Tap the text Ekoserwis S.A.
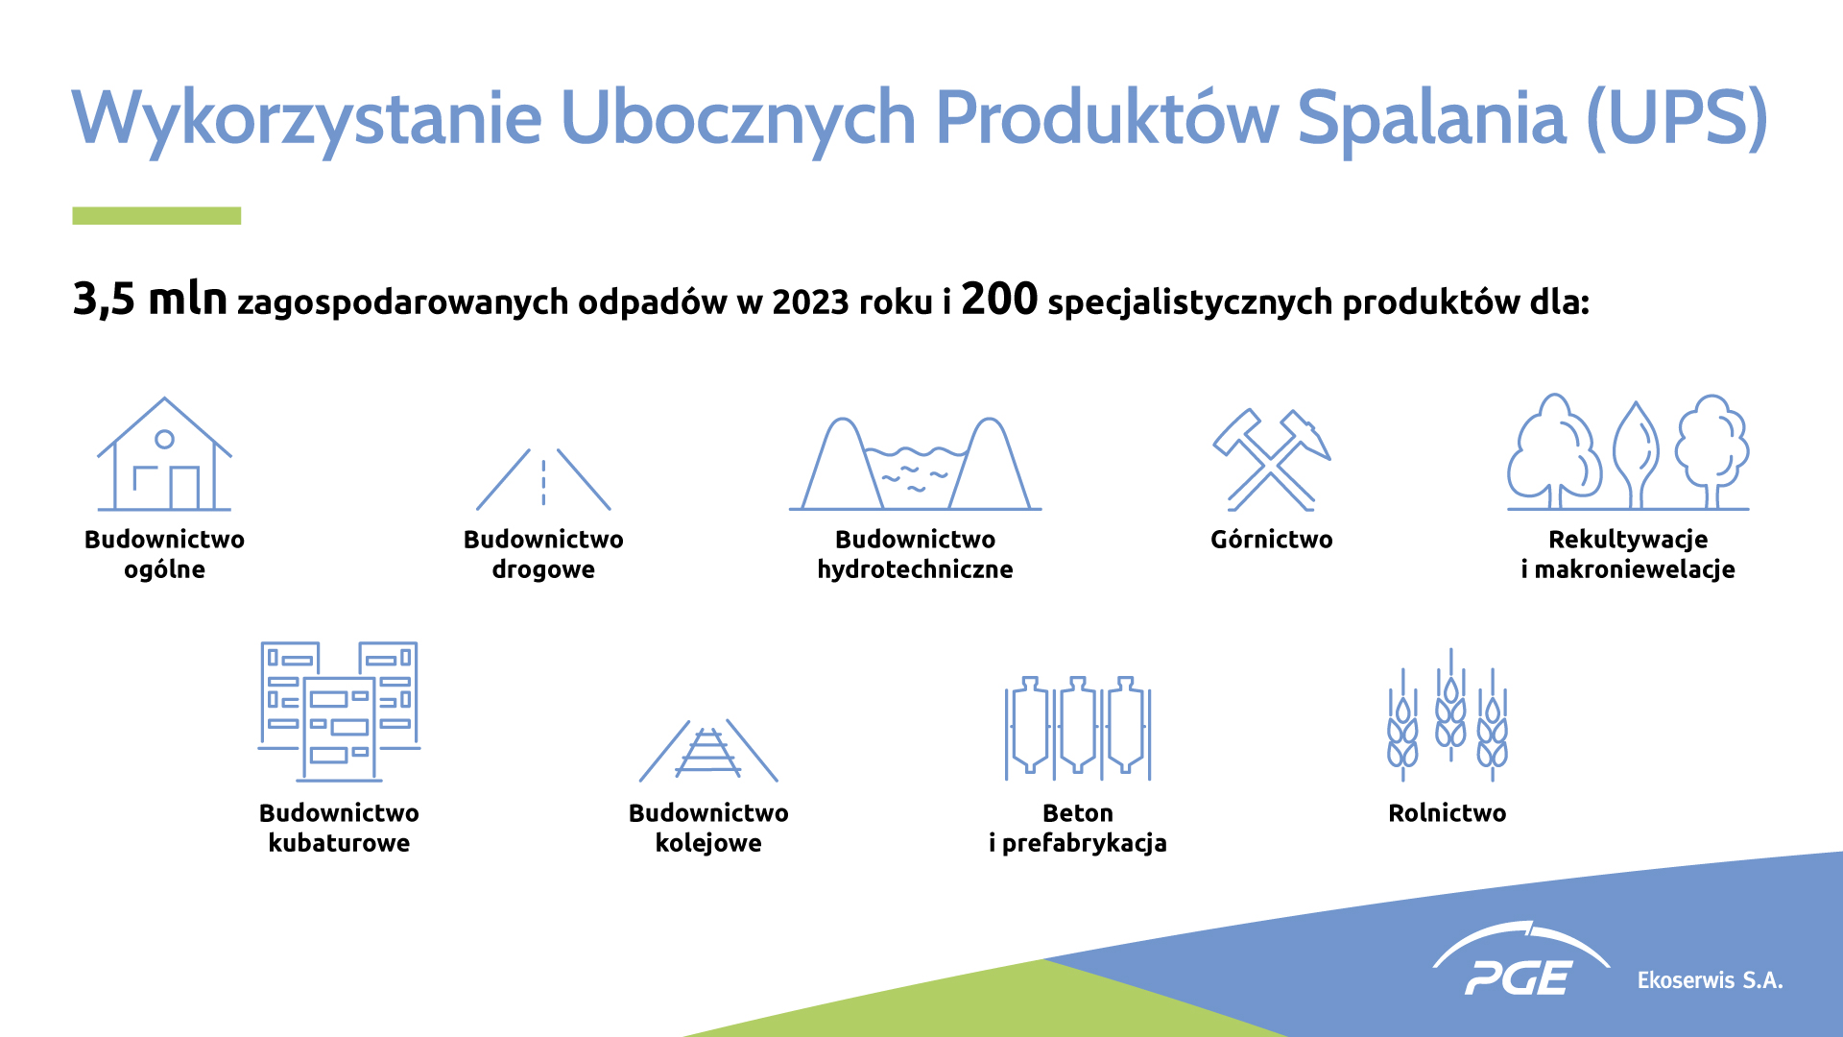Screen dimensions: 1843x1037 (x=1710, y=980)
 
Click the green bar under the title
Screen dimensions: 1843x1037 (x=156, y=216)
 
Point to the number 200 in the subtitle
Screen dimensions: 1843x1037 (x=999, y=299)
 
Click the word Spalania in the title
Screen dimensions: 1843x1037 (x=1431, y=118)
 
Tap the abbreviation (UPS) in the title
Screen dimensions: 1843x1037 (x=1678, y=118)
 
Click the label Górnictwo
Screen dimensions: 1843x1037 (x=1271, y=540)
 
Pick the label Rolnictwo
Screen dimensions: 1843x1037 (x=1448, y=813)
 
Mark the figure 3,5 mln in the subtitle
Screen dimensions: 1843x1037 (x=150, y=300)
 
